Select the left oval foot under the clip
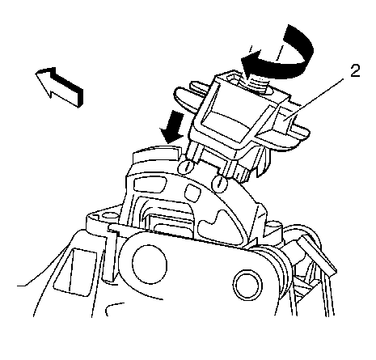(185, 167)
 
